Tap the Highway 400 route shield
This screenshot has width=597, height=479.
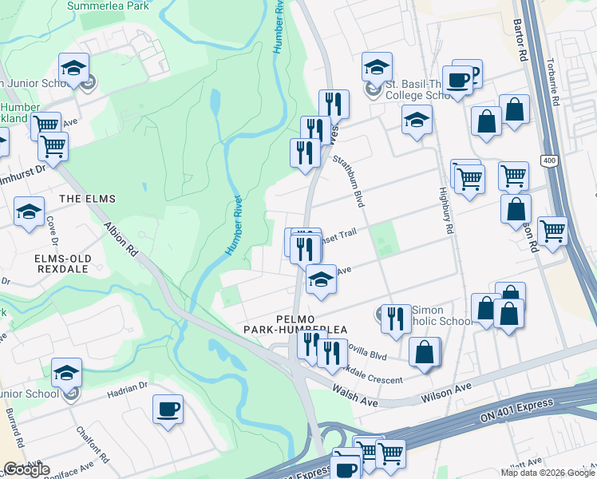click(548, 161)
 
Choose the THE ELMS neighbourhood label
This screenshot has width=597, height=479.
click(87, 198)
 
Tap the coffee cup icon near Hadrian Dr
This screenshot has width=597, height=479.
click(168, 409)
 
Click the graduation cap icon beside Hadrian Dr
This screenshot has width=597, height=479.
click(67, 373)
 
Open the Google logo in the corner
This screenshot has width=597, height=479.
click(26, 469)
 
